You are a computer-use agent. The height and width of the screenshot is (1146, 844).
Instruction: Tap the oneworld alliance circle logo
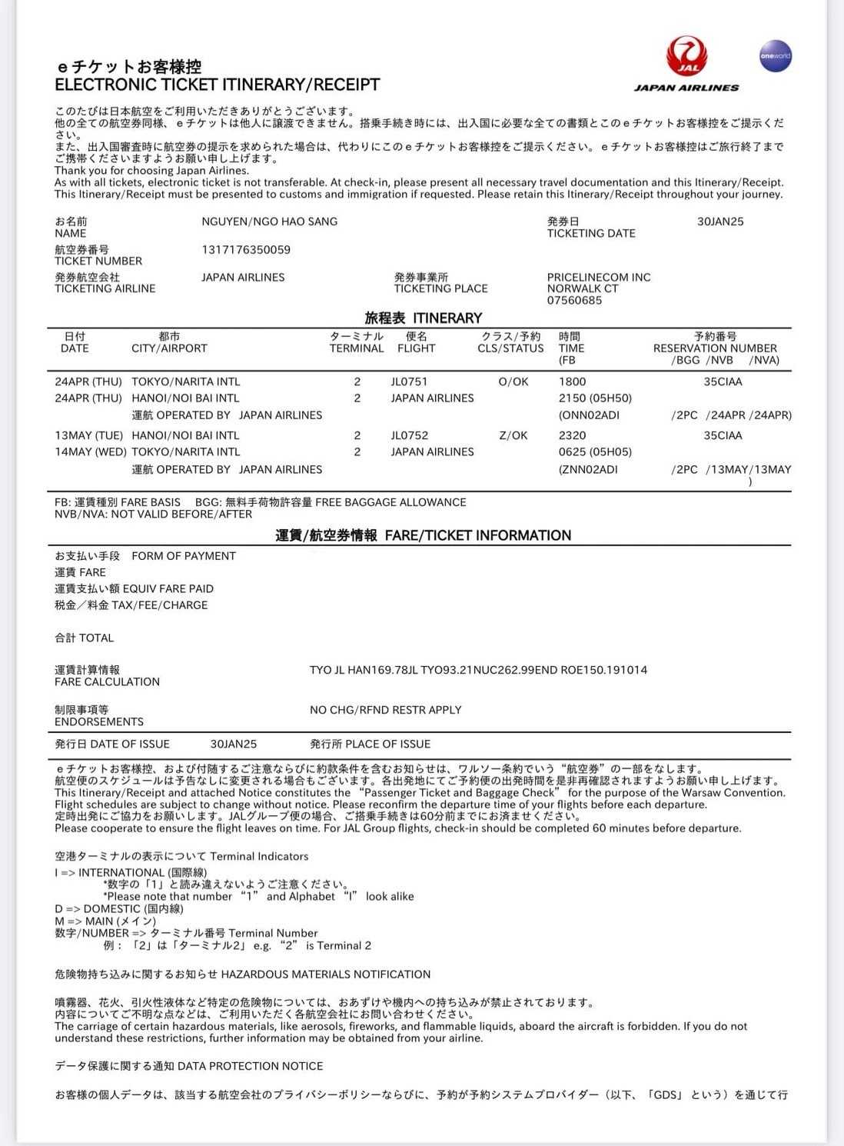[x=775, y=56]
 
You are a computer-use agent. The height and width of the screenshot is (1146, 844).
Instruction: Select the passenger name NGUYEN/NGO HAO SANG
[x=269, y=222]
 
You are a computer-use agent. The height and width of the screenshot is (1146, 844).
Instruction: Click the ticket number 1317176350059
[x=246, y=250]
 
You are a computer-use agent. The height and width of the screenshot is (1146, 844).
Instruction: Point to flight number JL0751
[x=409, y=381]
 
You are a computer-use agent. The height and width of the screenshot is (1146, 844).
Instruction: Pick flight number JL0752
[x=409, y=435]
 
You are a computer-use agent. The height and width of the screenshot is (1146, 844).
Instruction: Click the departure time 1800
[x=572, y=381]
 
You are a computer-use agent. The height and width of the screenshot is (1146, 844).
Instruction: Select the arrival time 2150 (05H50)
[x=595, y=398]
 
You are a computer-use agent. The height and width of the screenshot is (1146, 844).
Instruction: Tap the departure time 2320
[x=572, y=435]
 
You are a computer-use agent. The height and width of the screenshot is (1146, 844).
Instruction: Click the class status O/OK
[x=513, y=381]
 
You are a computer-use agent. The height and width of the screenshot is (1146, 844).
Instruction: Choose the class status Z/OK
[x=513, y=435]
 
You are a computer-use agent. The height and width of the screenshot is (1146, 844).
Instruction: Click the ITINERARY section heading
[x=424, y=318]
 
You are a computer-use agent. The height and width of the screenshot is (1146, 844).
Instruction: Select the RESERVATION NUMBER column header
[x=715, y=348]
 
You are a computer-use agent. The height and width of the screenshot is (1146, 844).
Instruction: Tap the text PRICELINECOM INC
[x=599, y=278]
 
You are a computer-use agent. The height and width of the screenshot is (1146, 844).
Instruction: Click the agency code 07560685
[x=574, y=301]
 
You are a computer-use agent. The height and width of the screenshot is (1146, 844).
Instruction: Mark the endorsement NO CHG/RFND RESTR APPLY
[x=385, y=710]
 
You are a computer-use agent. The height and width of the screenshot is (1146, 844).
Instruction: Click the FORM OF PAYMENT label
[x=184, y=556]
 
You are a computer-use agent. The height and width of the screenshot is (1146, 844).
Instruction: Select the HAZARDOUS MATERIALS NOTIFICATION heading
[x=326, y=974]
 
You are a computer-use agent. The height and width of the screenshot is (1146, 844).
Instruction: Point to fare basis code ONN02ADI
[x=590, y=415]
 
